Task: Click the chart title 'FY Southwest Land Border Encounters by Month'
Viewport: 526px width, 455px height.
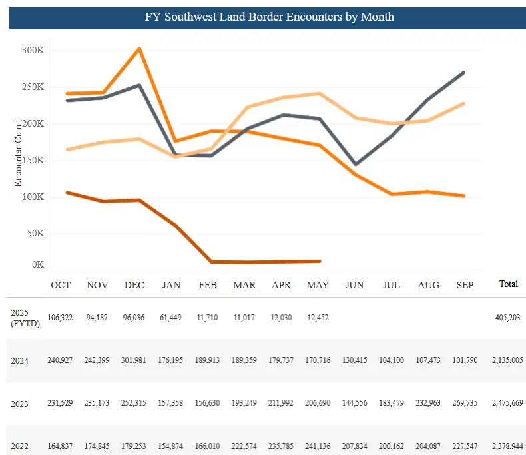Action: click(269, 17)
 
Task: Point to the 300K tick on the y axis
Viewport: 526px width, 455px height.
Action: click(33, 50)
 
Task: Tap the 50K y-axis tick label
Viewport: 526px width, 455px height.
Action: click(34, 234)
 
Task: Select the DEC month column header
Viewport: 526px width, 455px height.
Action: click(134, 285)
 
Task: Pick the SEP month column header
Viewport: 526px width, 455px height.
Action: click(465, 285)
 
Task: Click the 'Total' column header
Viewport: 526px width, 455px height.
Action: click(508, 284)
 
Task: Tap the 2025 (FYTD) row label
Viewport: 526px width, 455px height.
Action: click(22, 318)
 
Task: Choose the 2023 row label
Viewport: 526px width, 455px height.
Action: click(19, 404)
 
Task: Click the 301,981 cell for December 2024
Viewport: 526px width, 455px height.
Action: click(134, 361)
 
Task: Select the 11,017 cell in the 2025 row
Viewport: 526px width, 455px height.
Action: click(245, 318)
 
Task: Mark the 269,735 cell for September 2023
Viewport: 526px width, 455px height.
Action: click(465, 404)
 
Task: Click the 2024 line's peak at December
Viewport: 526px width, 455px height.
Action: click(138, 49)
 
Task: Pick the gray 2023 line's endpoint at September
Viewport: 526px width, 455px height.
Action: click(464, 72)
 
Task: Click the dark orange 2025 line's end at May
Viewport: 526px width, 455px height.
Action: click(320, 261)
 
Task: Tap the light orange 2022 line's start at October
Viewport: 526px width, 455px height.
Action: click(67, 149)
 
